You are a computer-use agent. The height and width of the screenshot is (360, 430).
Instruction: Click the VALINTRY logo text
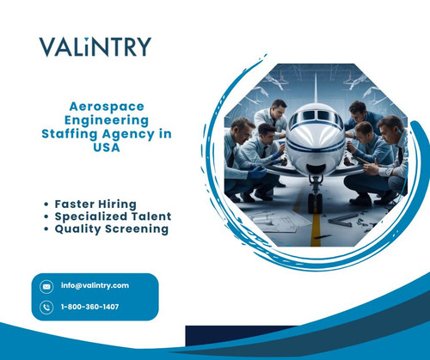[x=95, y=46]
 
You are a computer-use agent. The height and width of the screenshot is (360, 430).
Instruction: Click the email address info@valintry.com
[x=95, y=285]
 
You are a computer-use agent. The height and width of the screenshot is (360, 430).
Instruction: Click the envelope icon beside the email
[x=46, y=285]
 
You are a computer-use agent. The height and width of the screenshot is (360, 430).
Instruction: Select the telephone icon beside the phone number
[x=46, y=307]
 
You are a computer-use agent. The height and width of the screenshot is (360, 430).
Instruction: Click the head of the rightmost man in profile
[x=391, y=130]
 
